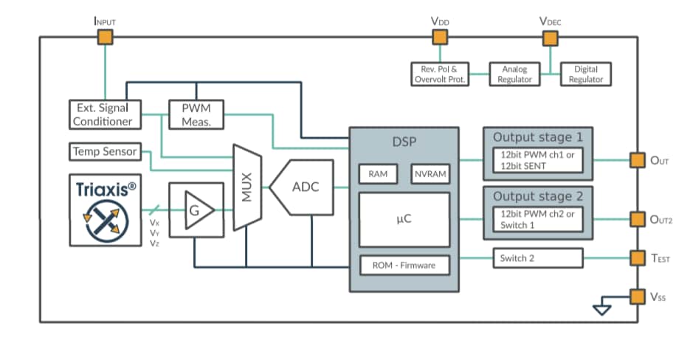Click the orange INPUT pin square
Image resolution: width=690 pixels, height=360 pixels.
(106, 38)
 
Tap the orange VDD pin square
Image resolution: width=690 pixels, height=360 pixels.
(440, 38)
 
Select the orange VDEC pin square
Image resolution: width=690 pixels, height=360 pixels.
(550, 38)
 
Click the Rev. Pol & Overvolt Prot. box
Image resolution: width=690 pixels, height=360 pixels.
(440, 75)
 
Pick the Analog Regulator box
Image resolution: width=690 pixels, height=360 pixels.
(514, 75)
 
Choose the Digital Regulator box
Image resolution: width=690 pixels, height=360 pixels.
(585, 75)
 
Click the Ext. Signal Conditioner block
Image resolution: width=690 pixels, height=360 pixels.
(104, 114)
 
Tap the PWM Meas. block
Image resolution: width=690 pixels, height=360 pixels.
(196, 114)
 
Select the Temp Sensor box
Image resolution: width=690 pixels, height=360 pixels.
(104, 151)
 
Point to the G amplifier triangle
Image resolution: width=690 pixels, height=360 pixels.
(196, 210)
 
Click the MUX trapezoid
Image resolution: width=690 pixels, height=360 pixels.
(247, 187)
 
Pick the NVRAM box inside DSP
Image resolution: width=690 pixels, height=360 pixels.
(429, 173)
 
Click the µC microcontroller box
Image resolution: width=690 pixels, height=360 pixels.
(404, 218)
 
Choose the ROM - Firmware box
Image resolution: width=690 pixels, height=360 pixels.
(404, 265)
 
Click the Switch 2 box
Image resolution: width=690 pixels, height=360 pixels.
(537, 258)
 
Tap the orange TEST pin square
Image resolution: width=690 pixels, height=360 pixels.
(637, 258)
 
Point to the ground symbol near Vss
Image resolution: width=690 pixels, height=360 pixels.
(602, 309)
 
